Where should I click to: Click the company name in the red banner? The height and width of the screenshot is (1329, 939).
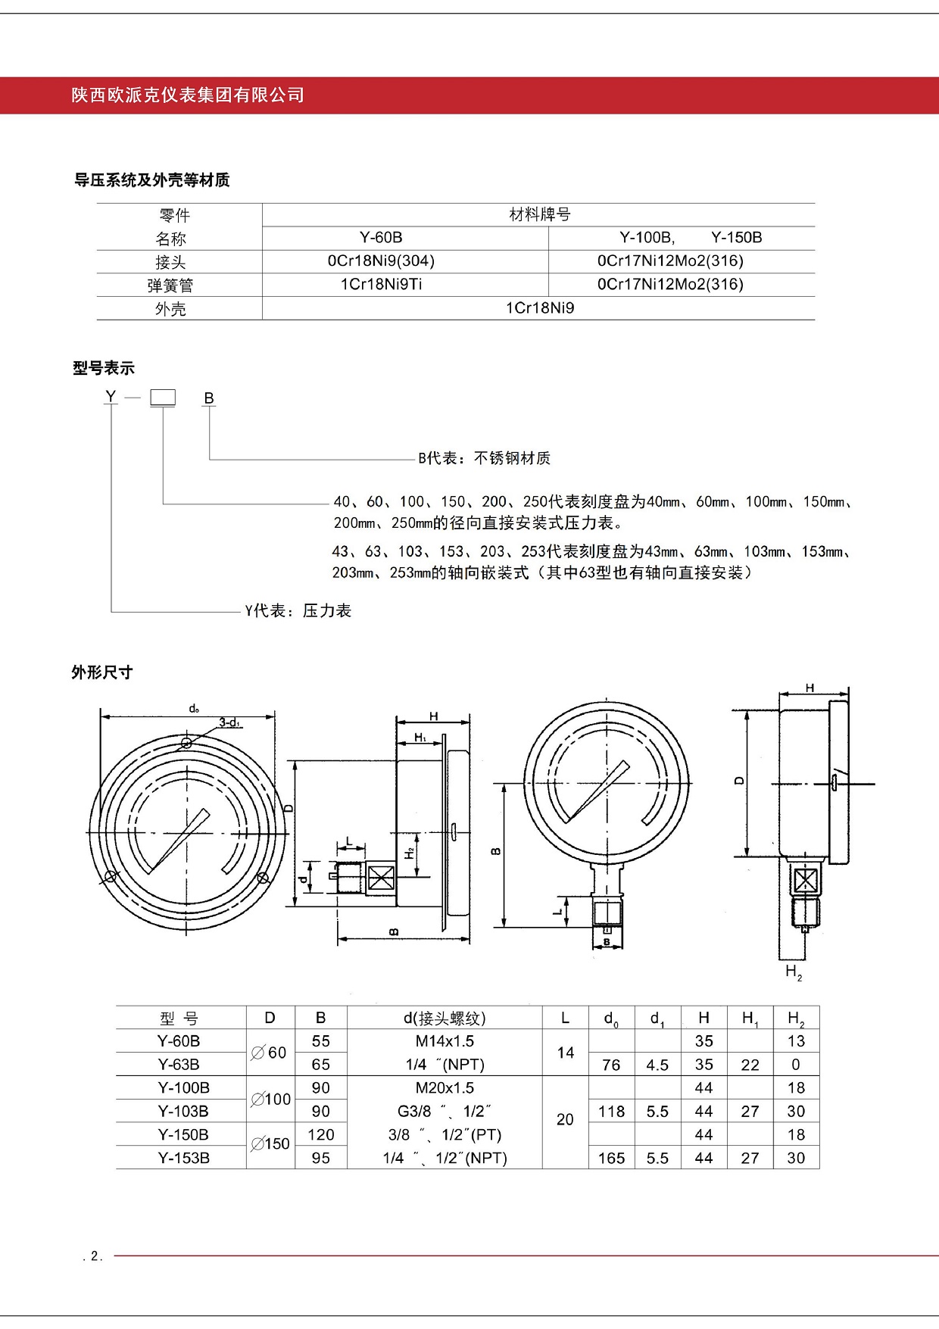click(188, 95)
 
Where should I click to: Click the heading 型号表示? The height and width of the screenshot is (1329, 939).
click(104, 369)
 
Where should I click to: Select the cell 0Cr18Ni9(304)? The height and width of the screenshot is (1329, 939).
click(381, 261)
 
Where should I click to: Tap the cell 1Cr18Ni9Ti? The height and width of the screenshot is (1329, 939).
click(381, 285)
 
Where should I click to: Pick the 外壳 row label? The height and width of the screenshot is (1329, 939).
click(170, 309)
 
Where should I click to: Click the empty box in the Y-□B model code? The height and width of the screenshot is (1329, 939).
click(163, 398)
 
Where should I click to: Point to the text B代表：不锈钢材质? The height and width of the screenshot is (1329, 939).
click(484, 458)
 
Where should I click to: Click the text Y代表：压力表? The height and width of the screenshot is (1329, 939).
click(298, 611)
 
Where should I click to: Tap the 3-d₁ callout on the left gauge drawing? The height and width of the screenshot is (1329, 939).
click(229, 722)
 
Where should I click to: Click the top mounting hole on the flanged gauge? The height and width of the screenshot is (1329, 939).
click(186, 744)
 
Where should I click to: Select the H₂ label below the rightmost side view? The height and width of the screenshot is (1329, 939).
click(794, 972)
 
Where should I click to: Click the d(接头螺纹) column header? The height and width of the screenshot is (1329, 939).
click(445, 1019)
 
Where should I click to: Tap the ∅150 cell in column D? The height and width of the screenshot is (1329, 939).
click(270, 1144)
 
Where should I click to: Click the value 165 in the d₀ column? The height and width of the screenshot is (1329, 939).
click(611, 1159)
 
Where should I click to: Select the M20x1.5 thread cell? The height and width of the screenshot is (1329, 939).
click(445, 1088)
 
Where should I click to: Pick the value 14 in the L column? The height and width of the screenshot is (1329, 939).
click(565, 1053)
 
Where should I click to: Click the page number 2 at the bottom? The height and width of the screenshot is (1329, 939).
click(95, 1256)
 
